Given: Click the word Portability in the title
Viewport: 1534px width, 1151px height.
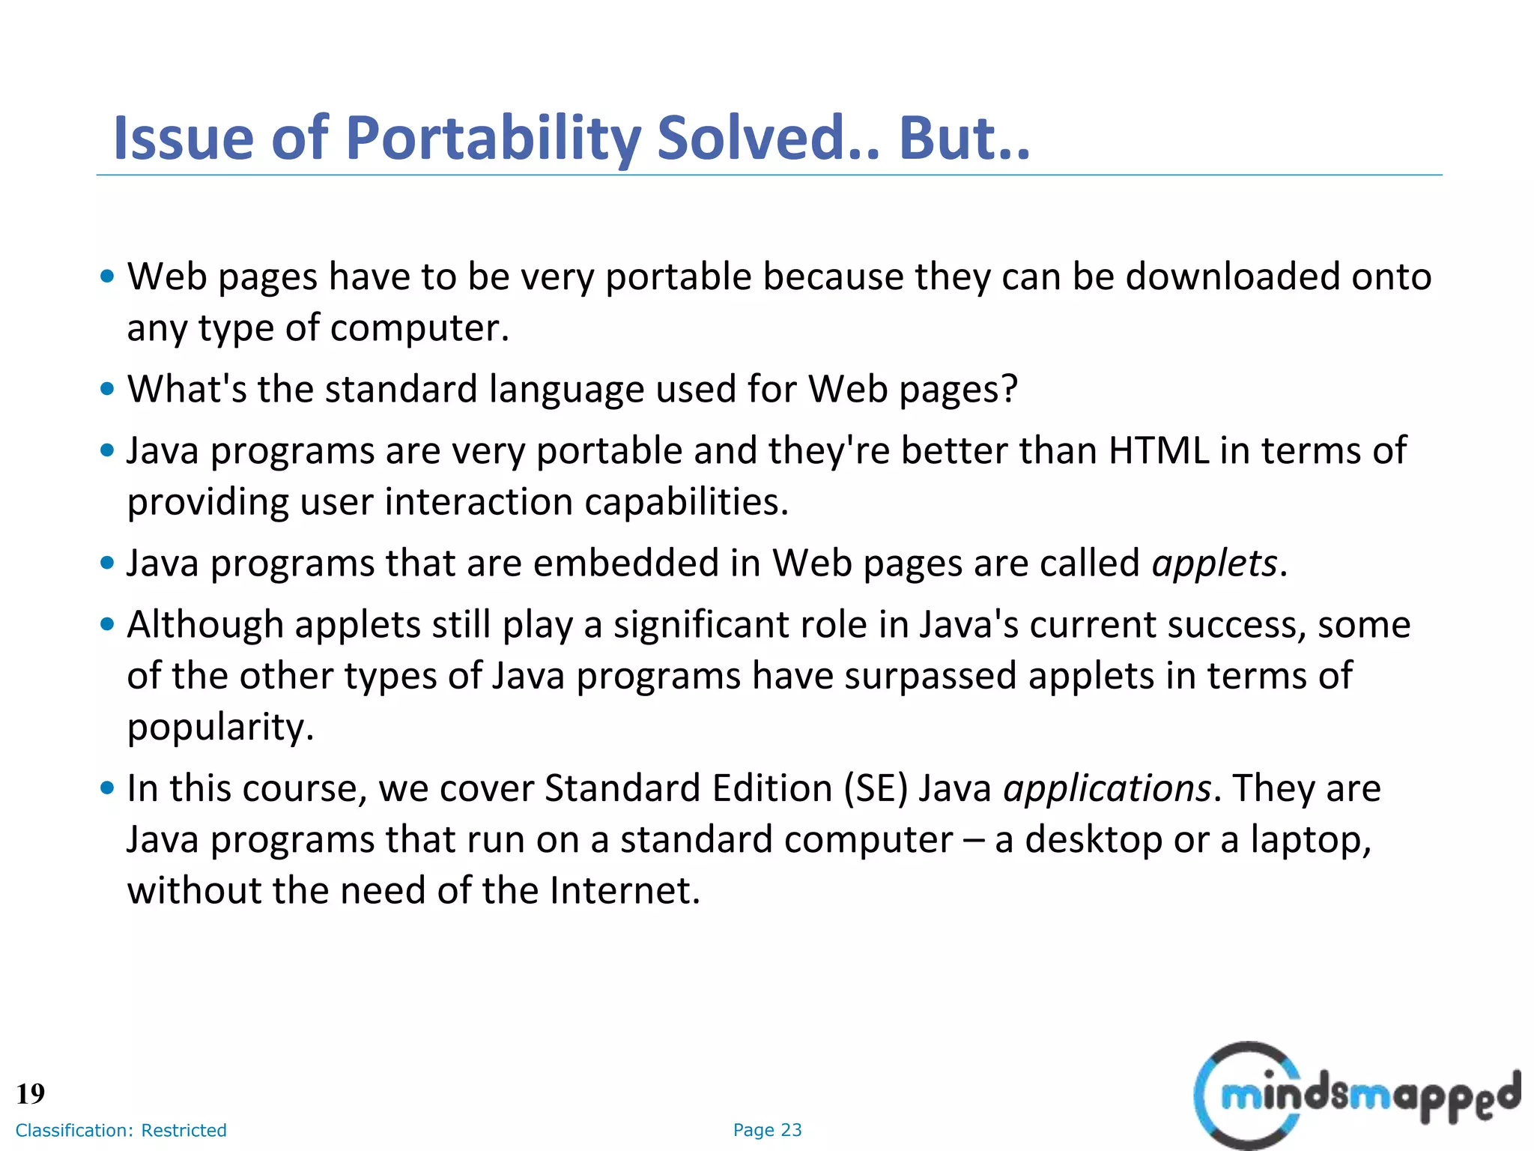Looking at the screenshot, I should pos(492,139).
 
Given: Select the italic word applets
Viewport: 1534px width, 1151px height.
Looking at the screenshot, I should pos(1214,563).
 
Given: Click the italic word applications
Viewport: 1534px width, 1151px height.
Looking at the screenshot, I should pos(1107,788).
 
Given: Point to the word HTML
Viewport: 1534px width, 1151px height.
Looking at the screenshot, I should pos(1158,450).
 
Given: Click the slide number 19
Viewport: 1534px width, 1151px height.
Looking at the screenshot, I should pos(31,1093).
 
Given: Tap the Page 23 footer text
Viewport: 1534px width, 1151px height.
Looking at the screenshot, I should pos(767,1130).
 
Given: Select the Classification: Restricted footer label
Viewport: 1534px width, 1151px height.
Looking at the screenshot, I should pos(121,1130).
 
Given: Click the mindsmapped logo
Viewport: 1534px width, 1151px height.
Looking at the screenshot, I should pos(1356,1095).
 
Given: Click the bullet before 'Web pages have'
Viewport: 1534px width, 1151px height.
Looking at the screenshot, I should pos(107,277).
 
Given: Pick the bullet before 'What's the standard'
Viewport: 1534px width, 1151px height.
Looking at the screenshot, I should pos(107,389).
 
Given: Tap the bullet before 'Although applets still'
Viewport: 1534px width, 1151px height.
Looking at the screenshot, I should pos(107,624).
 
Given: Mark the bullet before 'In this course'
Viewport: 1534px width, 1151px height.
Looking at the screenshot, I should pos(107,788).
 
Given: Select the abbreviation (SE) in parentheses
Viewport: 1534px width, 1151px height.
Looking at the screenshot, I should pos(876,788).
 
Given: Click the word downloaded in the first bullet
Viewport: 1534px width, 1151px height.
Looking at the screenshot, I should pos(1232,277).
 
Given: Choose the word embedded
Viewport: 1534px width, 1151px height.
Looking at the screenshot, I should pos(625,563).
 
